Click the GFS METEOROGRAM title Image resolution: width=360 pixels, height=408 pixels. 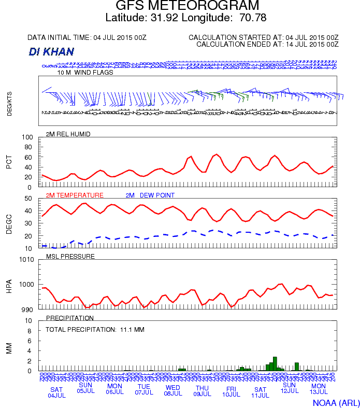point(187,6)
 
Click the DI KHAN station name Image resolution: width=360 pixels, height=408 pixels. point(52,52)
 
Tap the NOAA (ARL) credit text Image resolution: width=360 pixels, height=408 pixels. point(336,402)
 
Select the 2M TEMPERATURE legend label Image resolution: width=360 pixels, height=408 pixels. point(75,195)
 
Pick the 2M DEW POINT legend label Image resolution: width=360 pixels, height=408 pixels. point(150,195)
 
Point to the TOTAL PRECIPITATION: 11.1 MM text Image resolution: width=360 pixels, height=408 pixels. point(95,329)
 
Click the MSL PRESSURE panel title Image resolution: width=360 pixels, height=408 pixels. point(70,256)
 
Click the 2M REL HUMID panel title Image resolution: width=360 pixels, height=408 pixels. point(68,134)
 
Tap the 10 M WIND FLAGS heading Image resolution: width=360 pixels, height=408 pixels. point(85,73)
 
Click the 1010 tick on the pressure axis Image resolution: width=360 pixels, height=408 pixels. point(27,259)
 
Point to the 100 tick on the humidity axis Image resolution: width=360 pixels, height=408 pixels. point(28,137)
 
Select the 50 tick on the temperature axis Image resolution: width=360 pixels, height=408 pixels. point(29,199)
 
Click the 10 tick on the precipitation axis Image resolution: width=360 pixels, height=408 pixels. point(30,320)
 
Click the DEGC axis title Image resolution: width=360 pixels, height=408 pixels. point(9,224)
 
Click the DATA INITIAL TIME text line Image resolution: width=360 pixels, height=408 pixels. point(87,38)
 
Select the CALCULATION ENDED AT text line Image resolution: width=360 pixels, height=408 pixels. point(267,45)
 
